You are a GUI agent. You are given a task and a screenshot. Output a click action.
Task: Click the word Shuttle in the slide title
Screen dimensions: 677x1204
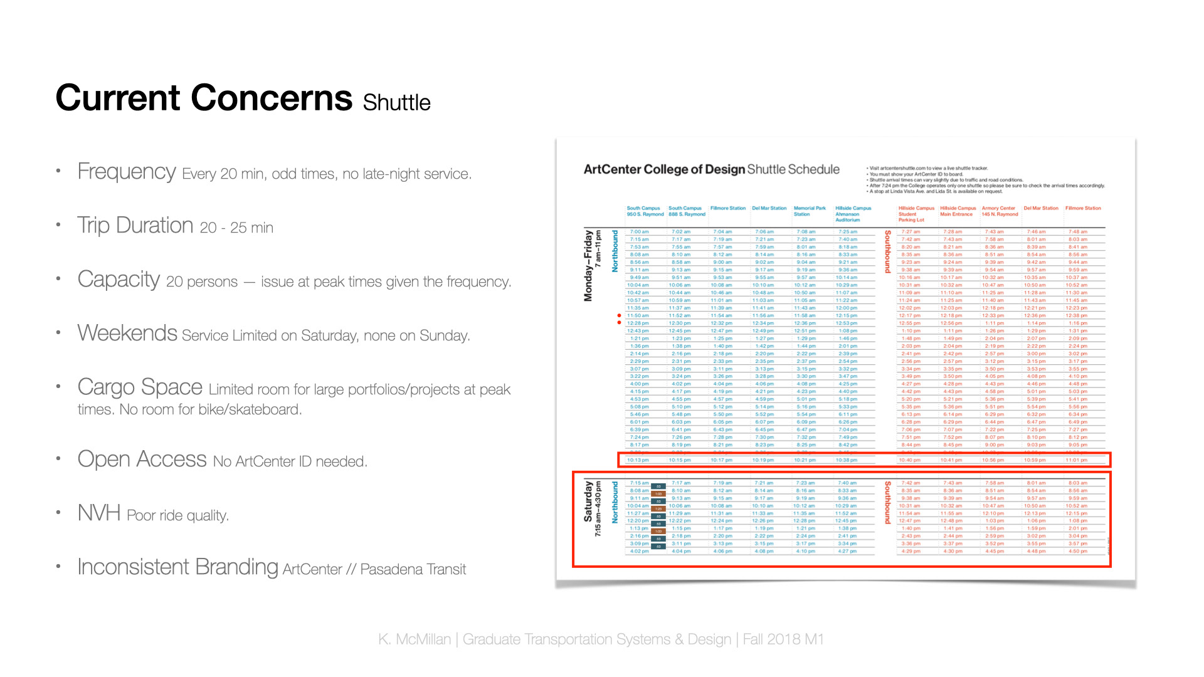pos(396,103)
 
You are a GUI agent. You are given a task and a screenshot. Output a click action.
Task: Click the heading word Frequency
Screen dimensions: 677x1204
pos(126,171)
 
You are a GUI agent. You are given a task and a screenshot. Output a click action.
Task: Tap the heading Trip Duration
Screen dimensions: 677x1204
pos(135,225)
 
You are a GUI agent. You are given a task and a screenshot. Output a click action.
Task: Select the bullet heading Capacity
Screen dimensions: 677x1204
pos(119,280)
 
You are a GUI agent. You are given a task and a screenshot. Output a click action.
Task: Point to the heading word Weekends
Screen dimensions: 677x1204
pos(127,333)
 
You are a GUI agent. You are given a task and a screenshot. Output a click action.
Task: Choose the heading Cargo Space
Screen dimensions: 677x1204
pos(140,387)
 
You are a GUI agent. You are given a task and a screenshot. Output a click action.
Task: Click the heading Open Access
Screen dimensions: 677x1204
pos(142,459)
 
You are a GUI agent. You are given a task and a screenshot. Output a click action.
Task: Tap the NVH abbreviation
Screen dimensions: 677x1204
pos(99,513)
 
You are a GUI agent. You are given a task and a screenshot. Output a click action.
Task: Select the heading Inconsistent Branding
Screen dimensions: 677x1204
pos(177,567)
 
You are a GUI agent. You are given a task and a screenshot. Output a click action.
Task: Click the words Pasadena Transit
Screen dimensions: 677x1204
pos(413,569)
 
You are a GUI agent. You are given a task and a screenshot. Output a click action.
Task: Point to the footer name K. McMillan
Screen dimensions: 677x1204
pos(414,639)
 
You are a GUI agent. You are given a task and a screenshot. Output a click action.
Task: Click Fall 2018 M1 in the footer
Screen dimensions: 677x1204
pos(783,639)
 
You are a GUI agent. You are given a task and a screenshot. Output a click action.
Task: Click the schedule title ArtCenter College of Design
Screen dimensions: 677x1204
pos(664,169)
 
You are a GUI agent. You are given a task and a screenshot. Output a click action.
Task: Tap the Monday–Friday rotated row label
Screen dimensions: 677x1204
pos(588,265)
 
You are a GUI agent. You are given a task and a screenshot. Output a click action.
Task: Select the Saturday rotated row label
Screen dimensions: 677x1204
pos(588,501)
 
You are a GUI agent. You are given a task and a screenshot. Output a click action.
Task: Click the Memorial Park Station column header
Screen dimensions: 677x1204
pos(809,211)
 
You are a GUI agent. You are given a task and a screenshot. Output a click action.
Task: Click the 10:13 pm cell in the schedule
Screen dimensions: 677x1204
pos(638,460)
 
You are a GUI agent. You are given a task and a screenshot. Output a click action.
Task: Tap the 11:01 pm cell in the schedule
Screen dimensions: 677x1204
pos(1077,460)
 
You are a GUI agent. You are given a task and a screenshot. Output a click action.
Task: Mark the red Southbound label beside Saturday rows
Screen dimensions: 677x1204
pos(887,502)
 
